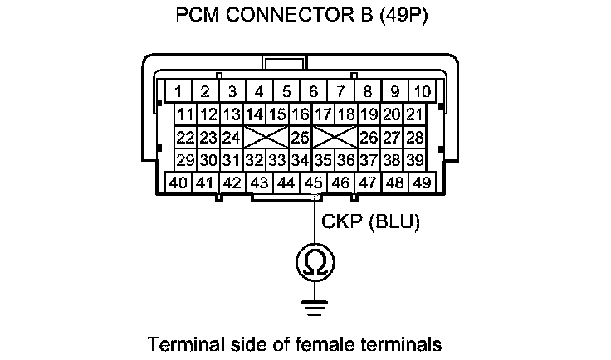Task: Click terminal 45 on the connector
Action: [x=314, y=182]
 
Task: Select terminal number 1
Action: [x=178, y=90]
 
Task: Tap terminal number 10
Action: [x=423, y=90]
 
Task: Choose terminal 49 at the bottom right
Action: [x=423, y=182]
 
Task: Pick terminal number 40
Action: [x=178, y=182]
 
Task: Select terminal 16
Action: [x=301, y=114]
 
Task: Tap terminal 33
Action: [x=277, y=159]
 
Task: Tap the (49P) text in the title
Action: [x=403, y=17]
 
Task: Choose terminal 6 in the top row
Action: [x=314, y=90]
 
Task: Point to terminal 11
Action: [x=186, y=114]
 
